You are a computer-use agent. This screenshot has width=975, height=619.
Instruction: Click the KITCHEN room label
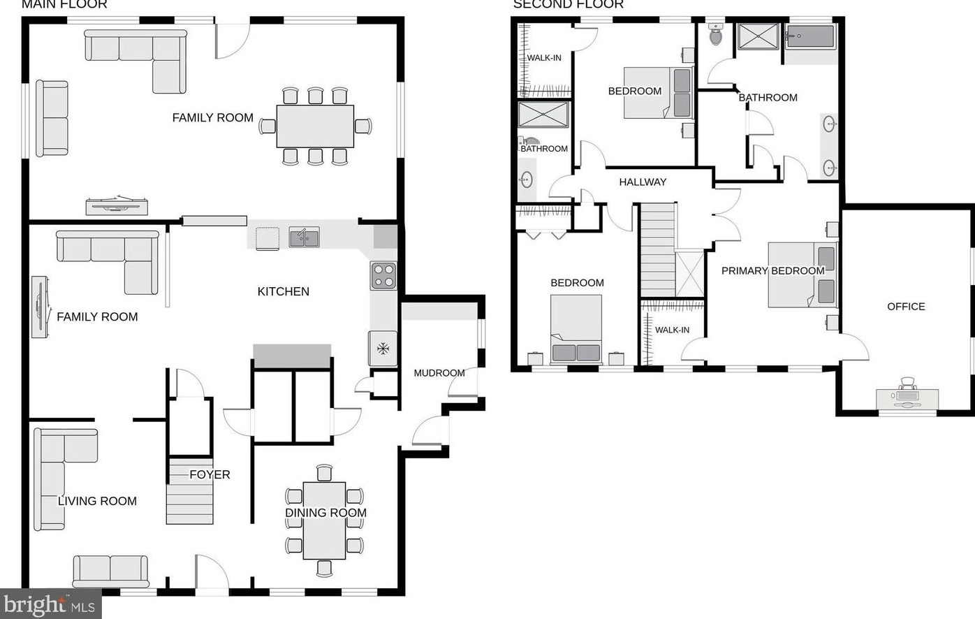click(283, 291)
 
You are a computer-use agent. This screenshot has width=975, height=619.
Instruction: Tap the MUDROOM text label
click(439, 373)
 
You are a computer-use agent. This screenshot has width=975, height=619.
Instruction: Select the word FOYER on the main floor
click(210, 474)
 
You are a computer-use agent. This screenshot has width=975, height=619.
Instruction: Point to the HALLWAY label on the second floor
click(643, 182)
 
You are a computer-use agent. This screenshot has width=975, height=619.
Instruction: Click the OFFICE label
click(906, 306)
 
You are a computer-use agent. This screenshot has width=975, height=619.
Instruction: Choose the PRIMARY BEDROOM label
click(772, 270)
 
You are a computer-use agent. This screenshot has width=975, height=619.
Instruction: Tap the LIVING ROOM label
click(97, 501)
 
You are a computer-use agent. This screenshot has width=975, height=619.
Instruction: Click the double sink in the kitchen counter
click(304, 238)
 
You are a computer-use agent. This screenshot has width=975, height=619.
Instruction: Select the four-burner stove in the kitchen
click(383, 276)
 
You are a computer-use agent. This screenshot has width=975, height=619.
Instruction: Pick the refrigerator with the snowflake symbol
click(383, 348)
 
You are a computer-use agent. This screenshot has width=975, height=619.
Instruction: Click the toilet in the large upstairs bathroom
click(716, 34)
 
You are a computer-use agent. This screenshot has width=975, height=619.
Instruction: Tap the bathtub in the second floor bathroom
click(809, 36)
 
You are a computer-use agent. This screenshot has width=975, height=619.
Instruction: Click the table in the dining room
click(324, 520)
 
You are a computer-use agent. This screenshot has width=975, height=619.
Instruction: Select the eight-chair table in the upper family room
click(315, 126)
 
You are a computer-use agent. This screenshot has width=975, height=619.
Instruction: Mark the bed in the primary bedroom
click(802, 275)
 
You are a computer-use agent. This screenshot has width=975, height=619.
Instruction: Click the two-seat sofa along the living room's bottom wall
click(110, 571)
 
